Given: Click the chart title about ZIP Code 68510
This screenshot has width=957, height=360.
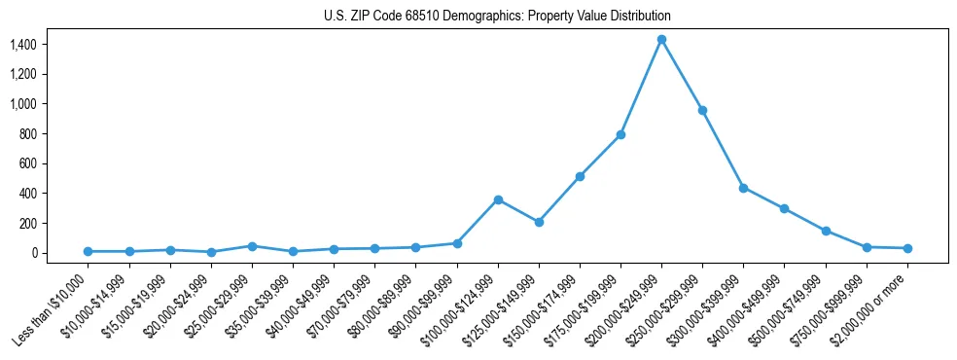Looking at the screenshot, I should click(x=497, y=17).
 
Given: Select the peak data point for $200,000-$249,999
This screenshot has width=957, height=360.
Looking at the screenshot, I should click(x=661, y=39).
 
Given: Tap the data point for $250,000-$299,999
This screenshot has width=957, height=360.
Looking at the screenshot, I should click(x=702, y=110).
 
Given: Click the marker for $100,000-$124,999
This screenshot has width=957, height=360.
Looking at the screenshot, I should click(x=498, y=199).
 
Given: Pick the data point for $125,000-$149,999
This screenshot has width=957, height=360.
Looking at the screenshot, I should click(x=539, y=222).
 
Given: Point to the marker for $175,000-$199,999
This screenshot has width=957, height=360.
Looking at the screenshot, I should click(x=620, y=134).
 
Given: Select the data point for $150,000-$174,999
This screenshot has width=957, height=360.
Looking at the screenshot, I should click(x=580, y=176).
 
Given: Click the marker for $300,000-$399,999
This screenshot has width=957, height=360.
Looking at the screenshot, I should click(x=743, y=188).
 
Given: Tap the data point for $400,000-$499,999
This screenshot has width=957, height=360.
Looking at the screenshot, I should click(x=784, y=208).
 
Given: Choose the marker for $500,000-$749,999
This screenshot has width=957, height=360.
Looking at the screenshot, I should click(x=826, y=231).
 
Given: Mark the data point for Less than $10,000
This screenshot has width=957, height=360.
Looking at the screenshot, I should click(x=88, y=251).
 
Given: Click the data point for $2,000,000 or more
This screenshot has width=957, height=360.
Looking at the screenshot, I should click(x=907, y=248).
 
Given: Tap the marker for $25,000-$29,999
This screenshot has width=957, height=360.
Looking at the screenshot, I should click(x=252, y=246).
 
